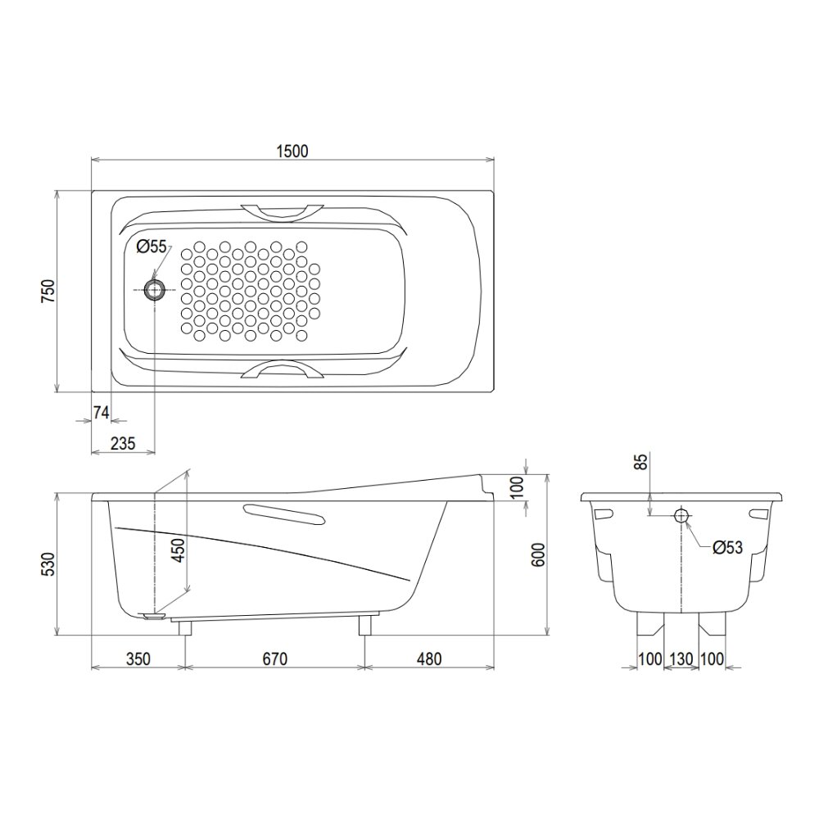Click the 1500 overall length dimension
(x=292, y=150)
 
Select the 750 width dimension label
(x=48, y=291)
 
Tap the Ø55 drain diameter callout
(x=152, y=246)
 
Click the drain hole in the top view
(x=154, y=289)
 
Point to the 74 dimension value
(x=100, y=413)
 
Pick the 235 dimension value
(x=122, y=443)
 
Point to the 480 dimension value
(x=429, y=658)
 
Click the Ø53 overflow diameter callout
(x=727, y=548)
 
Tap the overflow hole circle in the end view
(x=681, y=516)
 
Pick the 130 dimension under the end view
(x=681, y=658)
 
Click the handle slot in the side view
(x=283, y=514)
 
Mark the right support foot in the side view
(x=364, y=626)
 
